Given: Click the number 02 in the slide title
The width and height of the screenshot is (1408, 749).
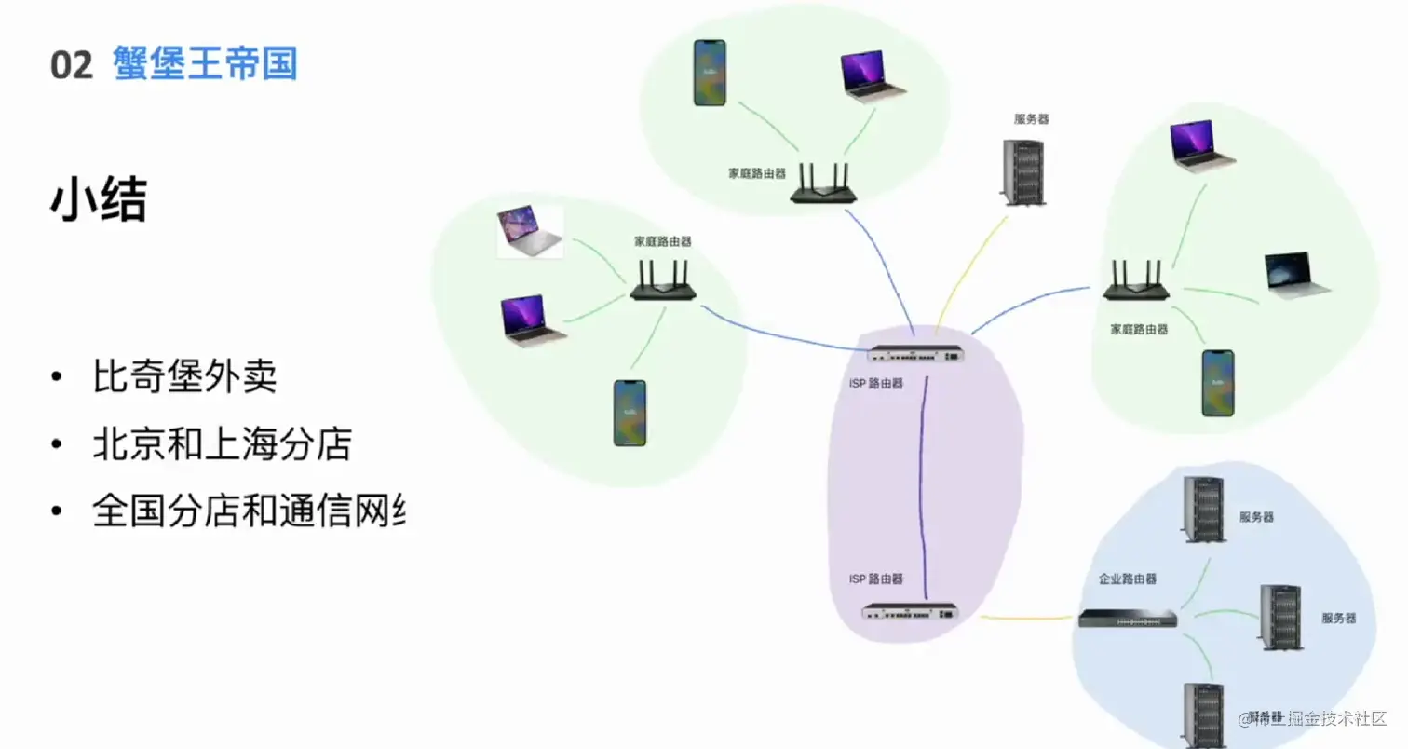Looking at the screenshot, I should coord(72,66).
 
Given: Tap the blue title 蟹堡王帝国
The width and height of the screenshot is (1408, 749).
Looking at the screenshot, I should coord(205,64).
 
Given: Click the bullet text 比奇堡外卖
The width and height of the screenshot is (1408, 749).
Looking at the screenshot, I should coord(184,378).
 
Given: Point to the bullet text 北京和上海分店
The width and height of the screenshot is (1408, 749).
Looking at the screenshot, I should coord(222,444).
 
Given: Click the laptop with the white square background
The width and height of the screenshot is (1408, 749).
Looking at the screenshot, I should coord(530,231).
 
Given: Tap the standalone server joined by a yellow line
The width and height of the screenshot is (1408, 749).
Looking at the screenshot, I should coord(1022,172).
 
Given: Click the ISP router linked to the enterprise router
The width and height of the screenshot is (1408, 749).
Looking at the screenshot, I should coord(909,612).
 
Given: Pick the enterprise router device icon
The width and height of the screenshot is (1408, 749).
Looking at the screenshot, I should coord(1128,619).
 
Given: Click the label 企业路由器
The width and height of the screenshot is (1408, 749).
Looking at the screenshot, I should coord(1127,579).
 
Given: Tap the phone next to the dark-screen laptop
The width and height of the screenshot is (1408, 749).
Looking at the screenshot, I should coord(1217,383).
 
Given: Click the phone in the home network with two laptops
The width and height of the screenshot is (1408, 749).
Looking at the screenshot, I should coord(630,412).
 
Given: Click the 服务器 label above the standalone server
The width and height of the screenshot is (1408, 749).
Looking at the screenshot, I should coord(1031,119).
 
